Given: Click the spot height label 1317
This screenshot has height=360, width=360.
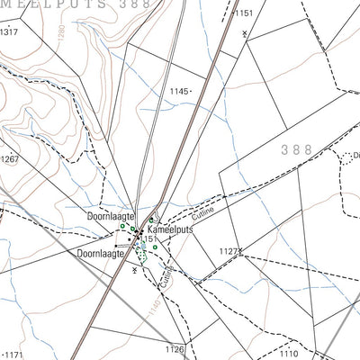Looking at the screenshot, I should [x=10, y=31].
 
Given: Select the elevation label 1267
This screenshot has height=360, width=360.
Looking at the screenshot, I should [x=10, y=159].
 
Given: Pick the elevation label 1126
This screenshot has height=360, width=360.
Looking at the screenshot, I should [x=174, y=349].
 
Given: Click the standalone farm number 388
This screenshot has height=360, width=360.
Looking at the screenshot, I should [x=296, y=149].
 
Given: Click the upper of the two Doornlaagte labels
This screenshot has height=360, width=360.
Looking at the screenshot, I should [x=111, y=217].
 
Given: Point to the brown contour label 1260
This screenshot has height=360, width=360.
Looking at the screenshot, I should [x=61, y=40].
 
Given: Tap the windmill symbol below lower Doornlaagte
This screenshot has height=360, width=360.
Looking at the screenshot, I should [x=134, y=282].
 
